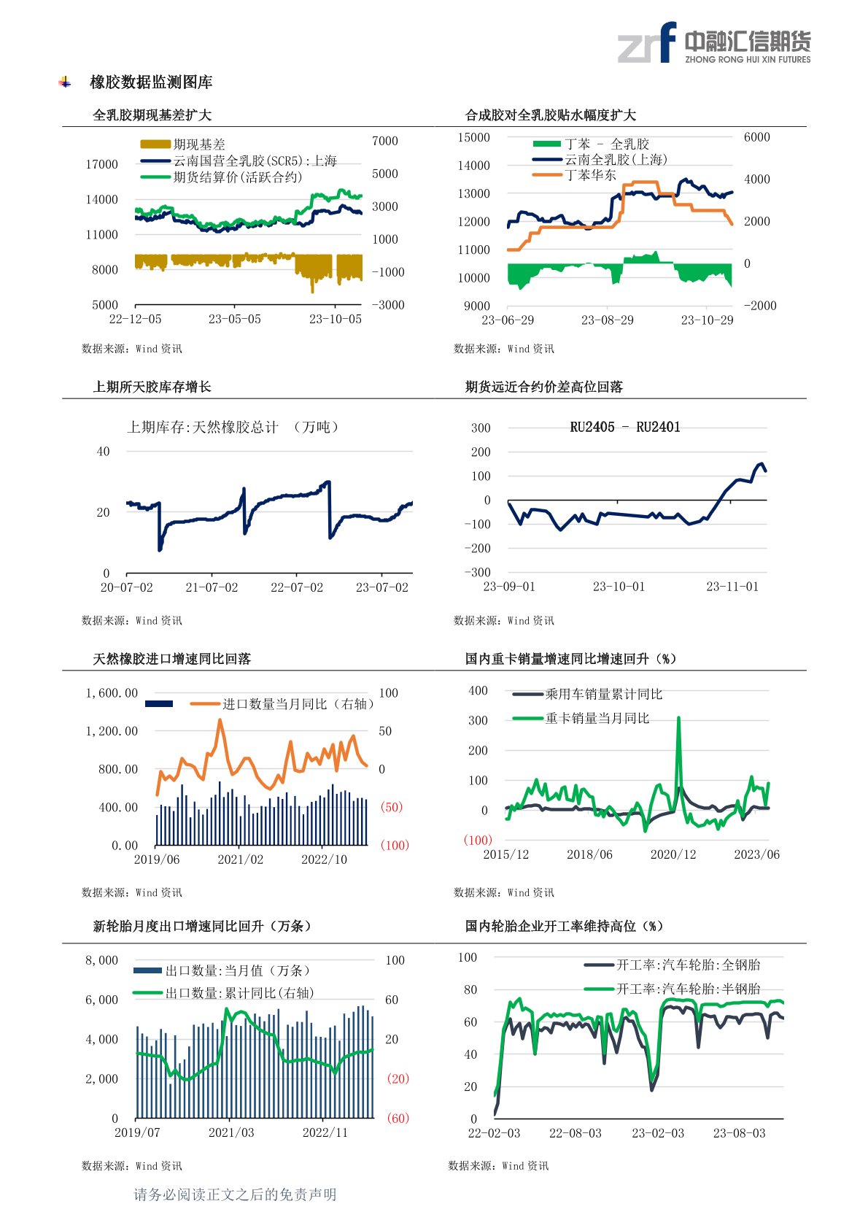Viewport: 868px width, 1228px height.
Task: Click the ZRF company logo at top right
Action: pos(713,43)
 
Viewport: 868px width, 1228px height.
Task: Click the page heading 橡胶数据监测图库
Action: pos(151,82)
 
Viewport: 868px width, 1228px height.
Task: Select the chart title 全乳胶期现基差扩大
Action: pos(152,115)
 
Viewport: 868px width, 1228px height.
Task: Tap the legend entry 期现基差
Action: pos(199,144)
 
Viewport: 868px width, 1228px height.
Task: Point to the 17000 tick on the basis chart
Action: pos(101,164)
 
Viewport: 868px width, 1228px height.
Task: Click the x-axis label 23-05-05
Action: pos(234,320)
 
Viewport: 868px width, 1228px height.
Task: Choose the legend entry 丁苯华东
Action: pos(590,175)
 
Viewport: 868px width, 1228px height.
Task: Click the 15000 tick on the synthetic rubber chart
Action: pos(473,138)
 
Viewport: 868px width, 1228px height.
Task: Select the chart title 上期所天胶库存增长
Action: pos(152,387)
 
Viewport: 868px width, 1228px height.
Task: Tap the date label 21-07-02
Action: pos(212,587)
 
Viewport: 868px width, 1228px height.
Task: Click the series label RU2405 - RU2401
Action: pos(624,428)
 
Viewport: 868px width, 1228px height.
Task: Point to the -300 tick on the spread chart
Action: pos(478,573)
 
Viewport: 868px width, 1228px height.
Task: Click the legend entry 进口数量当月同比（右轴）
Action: pos(298,704)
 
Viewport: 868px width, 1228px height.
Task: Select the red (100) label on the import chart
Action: pos(395,845)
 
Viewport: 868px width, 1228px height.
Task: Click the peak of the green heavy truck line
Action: pos(678,719)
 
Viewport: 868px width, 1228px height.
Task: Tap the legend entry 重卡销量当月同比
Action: pos(597,719)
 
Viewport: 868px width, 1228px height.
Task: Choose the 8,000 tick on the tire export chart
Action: pos(101,960)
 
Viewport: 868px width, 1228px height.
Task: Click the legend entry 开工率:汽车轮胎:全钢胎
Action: pos(688,965)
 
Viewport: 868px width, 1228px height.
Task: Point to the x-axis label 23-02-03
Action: pos(658,1133)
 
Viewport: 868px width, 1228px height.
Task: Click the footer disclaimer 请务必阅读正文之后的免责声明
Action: pos(235,1194)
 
